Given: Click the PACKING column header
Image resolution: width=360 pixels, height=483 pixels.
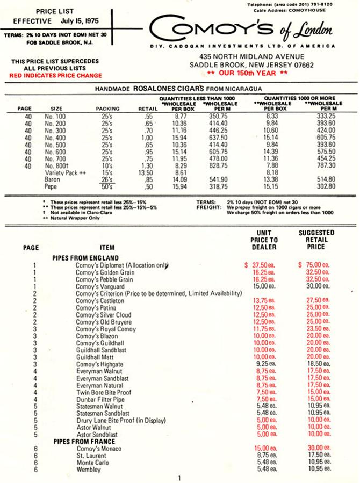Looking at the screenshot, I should click(107, 108).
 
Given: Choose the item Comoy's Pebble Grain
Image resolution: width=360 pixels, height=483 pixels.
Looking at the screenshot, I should click(105, 280).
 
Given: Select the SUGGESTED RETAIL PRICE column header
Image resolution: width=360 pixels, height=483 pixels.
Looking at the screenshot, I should click(316, 240).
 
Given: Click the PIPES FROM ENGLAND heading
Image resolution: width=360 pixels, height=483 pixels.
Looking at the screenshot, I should click(85, 257).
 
